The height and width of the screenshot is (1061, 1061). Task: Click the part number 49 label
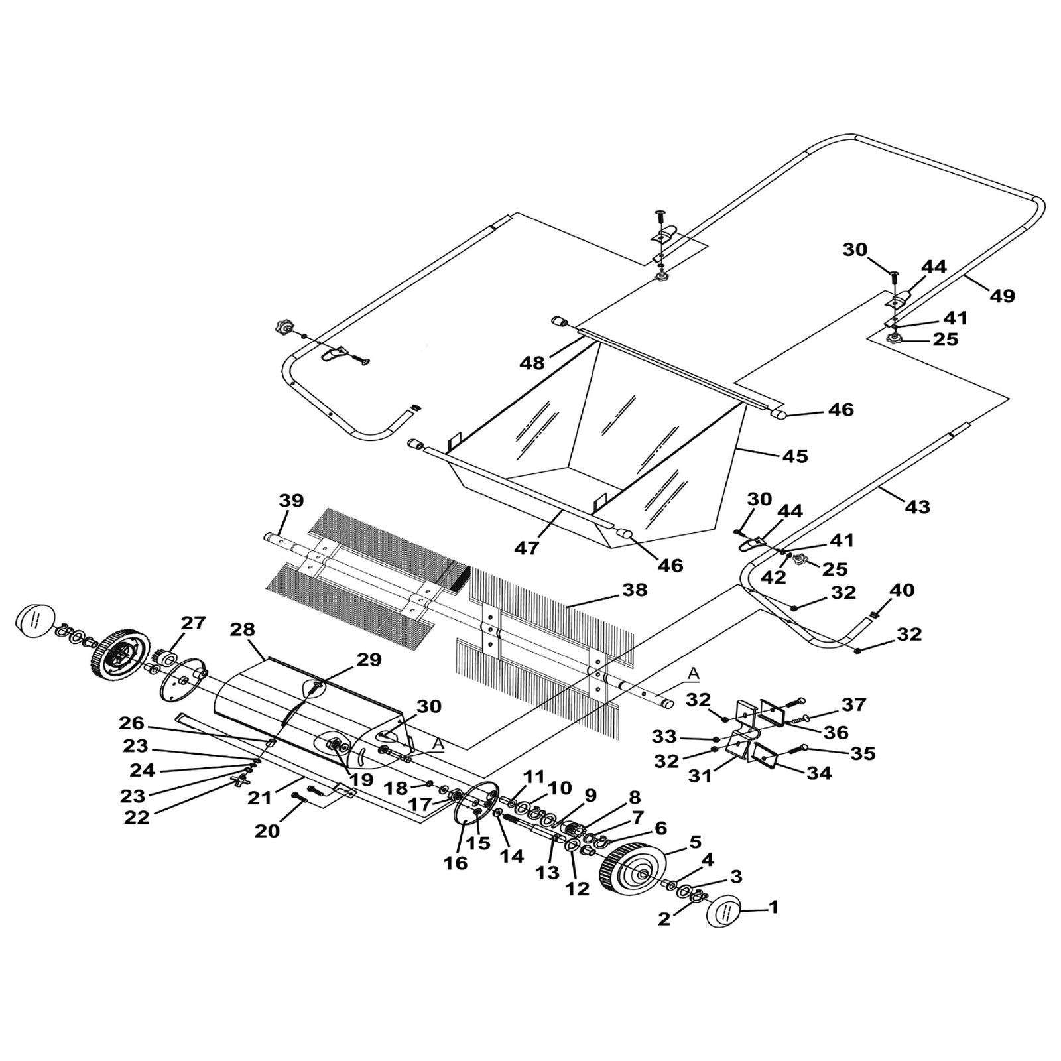pos(1002,296)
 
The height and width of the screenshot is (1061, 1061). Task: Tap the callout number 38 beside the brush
pos(635,590)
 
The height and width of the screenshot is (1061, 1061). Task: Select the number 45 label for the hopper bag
pos(795,456)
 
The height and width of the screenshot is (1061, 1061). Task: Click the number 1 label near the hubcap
pos(773,906)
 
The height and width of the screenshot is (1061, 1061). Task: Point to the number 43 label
pos(917,507)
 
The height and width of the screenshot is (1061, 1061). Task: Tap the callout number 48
pos(532,363)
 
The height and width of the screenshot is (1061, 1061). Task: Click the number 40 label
pos(902,590)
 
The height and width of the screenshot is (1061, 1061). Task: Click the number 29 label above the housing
pos(369,660)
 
